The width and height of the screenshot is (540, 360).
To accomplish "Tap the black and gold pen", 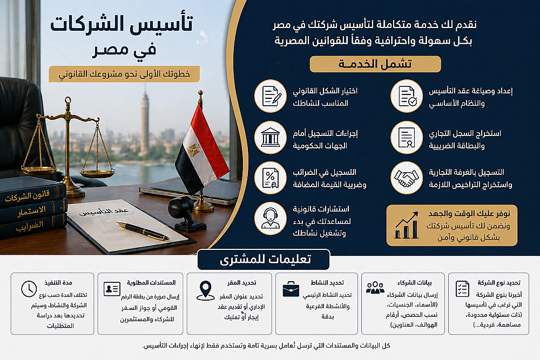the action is click(143, 231).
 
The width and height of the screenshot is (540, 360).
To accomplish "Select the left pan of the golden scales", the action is click(39, 169).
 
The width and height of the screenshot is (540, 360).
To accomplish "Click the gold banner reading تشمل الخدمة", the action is click(375, 64).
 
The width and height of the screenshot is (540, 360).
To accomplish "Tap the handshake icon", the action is click(407, 178).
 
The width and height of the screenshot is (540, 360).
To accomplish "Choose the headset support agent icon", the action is click(271, 219).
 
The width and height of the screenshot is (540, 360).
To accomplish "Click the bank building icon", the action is click(271, 137).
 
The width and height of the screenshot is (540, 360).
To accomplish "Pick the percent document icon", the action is click(271, 178).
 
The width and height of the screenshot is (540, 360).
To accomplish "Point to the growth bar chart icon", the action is click(407, 226).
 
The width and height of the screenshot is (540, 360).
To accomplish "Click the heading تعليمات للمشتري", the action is click(266, 259).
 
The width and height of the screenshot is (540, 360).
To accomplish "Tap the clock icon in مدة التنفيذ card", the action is click(29, 289).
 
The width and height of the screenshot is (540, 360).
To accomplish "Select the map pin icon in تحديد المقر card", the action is click(206, 290).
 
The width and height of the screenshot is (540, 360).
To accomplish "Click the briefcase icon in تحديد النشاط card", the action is click(291, 289).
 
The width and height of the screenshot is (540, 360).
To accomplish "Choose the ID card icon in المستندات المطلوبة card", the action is click(112, 289).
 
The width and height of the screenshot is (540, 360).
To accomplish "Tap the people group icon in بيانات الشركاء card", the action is click(375, 288).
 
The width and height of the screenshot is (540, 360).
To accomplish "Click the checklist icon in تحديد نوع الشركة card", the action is click(463, 289).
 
